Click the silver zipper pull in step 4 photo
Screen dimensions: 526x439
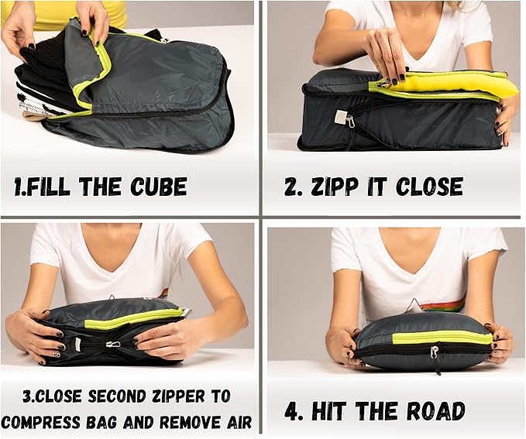click(x=435, y=353)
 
